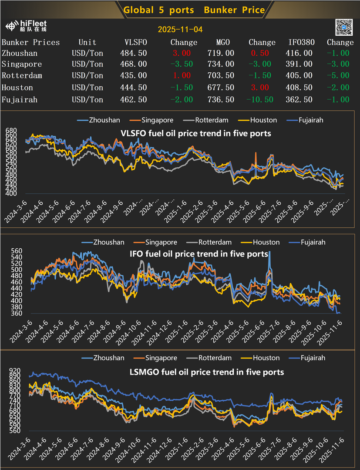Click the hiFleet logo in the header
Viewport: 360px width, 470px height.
[26, 26]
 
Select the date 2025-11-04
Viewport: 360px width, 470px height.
[180, 30]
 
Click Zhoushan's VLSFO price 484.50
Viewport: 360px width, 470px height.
[133, 53]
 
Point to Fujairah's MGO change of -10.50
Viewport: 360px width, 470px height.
[259, 100]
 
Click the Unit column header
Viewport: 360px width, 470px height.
[87, 42]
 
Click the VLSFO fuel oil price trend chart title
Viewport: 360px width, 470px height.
[195, 133]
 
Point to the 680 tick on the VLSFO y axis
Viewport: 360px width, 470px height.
[12, 130]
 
